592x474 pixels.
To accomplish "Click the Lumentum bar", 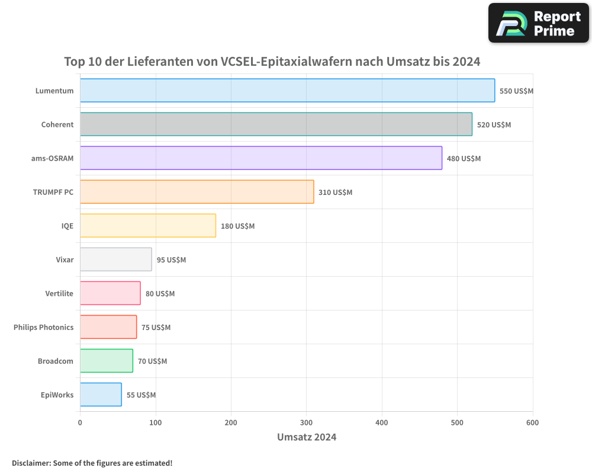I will [x=287, y=91].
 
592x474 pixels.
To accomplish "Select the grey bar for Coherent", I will [x=276, y=124].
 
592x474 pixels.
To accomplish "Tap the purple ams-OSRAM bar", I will [x=260, y=158].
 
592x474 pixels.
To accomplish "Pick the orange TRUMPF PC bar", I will [x=197, y=192].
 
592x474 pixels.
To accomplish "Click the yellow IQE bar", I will [x=147, y=226].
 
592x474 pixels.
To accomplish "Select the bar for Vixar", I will [x=115, y=260].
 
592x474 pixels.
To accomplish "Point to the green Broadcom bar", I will [x=106, y=361].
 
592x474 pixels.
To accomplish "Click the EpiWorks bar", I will [x=101, y=395].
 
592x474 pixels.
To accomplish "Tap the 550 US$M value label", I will [x=517, y=91].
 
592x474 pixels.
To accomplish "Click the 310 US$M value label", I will [x=335, y=193].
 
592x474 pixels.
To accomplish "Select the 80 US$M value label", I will [x=160, y=294].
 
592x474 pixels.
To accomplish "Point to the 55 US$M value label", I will [x=141, y=395].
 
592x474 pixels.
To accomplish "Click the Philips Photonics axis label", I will [x=44, y=327].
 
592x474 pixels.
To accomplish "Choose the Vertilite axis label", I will [x=59, y=293].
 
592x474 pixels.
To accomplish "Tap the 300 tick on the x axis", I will [x=306, y=422].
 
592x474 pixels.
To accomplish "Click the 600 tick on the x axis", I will [x=532, y=422].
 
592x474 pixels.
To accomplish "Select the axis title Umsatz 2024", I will [x=307, y=437].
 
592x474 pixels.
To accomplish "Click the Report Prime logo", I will [x=538, y=23].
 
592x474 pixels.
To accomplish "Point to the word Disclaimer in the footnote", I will [x=30, y=463].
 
